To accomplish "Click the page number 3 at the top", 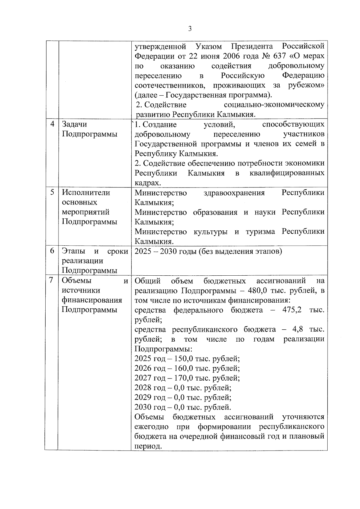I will [190, 29].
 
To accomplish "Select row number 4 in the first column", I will [52, 124].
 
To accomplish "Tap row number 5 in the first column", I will [52, 192].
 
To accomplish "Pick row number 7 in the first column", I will [52, 280].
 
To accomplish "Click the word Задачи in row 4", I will [74, 124].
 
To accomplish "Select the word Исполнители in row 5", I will [86, 193].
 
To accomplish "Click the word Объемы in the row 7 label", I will [76, 280].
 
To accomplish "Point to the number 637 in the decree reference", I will [278, 56].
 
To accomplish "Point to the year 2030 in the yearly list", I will [143, 407].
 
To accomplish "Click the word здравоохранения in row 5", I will [234, 193].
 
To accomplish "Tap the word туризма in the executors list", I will [260, 232].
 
